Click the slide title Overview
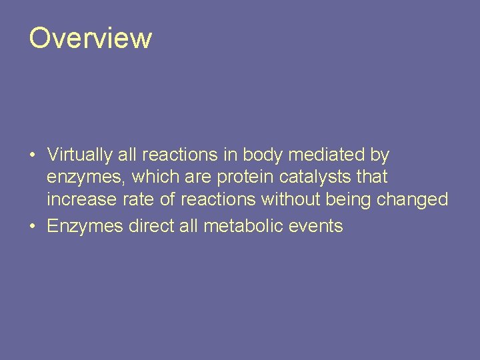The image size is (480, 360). [x=90, y=38]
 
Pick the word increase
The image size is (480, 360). [x=79, y=200]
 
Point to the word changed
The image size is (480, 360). [x=413, y=200]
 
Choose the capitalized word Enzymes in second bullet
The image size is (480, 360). [x=85, y=227]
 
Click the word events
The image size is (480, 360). [x=317, y=227]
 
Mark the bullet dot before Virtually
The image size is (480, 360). [x=32, y=156]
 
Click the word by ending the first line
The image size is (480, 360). [x=379, y=156]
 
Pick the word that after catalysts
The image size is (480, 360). [x=372, y=178]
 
